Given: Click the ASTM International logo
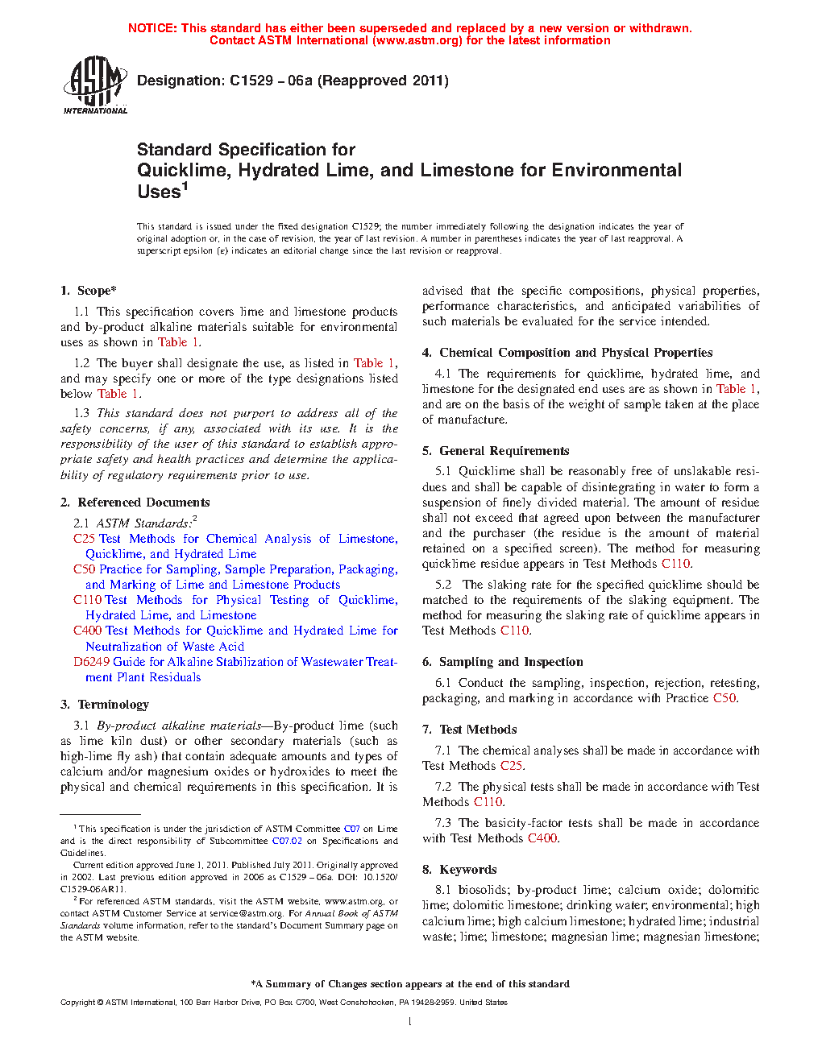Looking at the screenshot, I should tap(95, 85).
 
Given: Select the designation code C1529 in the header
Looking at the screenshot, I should tap(251, 81).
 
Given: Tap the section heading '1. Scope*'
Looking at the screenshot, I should tap(89, 291).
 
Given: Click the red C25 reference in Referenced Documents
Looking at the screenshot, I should tap(84, 539).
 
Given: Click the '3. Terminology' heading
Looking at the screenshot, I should tap(105, 705).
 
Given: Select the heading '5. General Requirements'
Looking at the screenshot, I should tap(496, 451).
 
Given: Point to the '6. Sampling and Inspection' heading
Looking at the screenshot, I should tap(503, 662).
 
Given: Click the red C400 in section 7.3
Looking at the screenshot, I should tap(542, 838).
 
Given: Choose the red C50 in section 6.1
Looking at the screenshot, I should tap(724, 698).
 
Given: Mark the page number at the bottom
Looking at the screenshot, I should tap(410, 1022).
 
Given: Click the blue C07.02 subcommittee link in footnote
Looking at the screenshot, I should tap(287, 841).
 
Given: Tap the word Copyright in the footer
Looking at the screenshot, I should tap(78, 1003).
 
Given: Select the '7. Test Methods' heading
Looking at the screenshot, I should tap(470, 730).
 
